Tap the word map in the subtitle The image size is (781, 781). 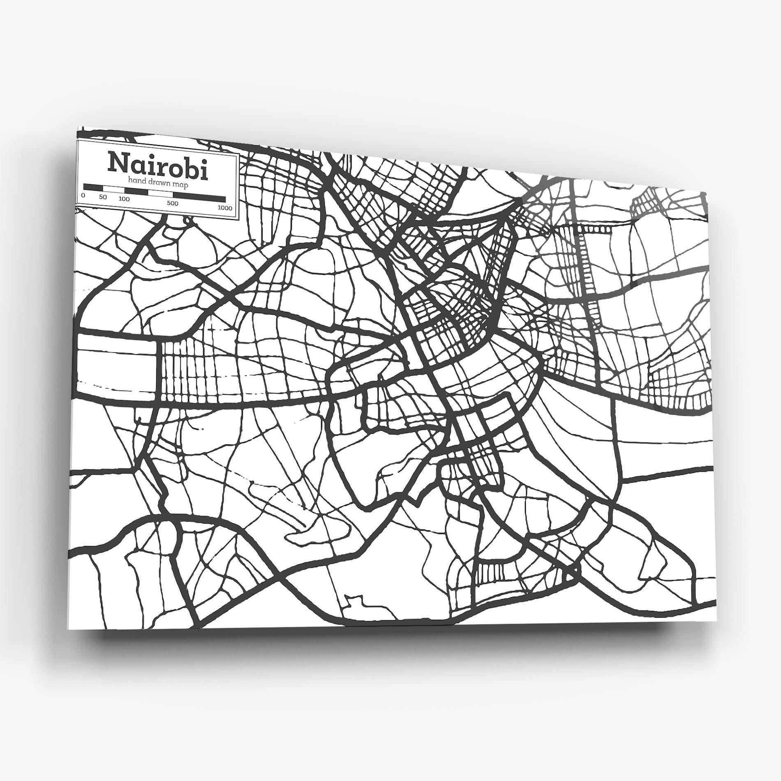click(x=182, y=185)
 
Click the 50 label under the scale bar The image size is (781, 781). click(x=103, y=197)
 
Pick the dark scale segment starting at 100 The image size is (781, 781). click(x=136, y=191)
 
